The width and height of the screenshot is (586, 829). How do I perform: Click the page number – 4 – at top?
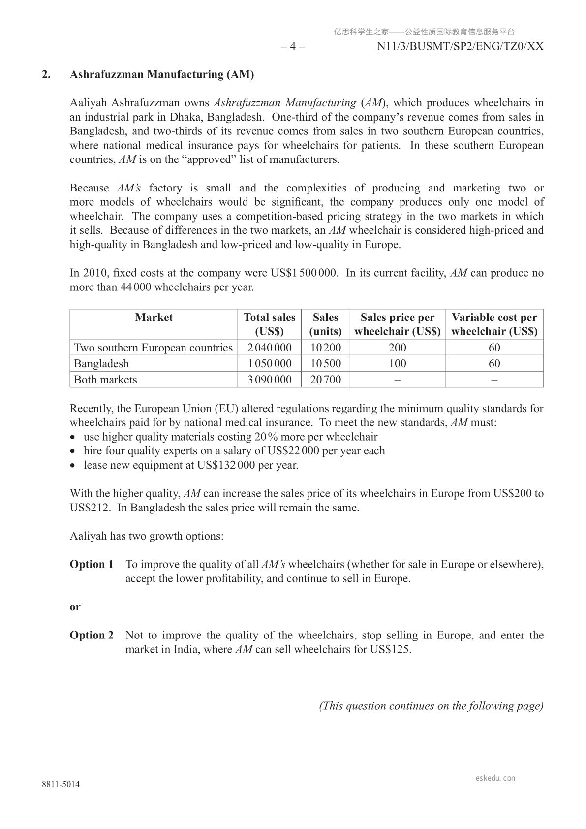(x=293, y=47)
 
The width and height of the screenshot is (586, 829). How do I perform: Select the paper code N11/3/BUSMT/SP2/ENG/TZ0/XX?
(x=460, y=47)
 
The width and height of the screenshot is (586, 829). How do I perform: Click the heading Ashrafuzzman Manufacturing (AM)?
(x=162, y=75)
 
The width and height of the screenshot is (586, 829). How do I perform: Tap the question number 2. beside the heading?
(x=46, y=75)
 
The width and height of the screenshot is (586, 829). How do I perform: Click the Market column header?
(x=154, y=318)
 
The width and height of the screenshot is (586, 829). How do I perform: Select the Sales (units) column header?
(x=325, y=324)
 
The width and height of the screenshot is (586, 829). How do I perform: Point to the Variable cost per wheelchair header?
(x=494, y=324)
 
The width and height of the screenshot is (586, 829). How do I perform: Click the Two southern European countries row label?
(x=153, y=348)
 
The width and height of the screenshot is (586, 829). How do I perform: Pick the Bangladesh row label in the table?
(x=101, y=364)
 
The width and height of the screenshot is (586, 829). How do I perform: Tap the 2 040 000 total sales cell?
(x=269, y=348)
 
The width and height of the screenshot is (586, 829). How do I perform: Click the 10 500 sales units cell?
(x=325, y=364)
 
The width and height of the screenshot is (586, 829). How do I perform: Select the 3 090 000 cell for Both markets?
(x=269, y=380)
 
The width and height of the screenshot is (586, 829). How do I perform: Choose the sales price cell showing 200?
(x=397, y=348)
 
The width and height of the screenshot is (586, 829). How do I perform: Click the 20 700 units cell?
(x=325, y=380)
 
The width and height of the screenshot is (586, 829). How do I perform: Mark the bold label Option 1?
(x=92, y=564)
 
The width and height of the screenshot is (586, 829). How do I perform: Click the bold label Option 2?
(x=92, y=635)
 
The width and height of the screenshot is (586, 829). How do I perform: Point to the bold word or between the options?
(x=75, y=607)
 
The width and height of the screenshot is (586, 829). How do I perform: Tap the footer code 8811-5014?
(x=61, y=785)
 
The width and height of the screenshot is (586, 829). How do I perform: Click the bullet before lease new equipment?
(x=73, y=465)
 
